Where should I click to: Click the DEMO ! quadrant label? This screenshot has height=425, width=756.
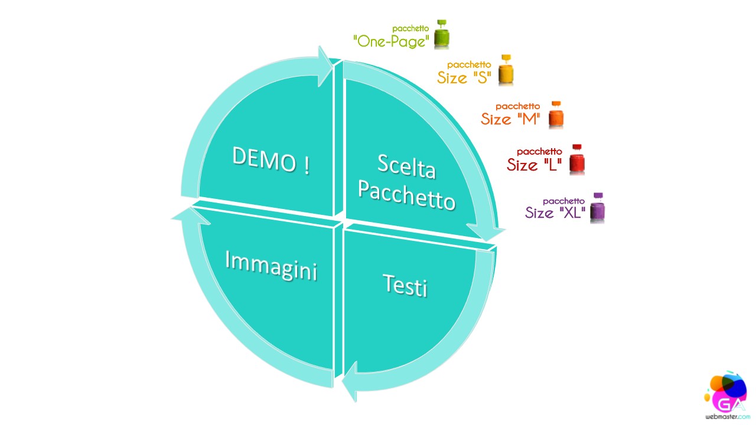(271, 161)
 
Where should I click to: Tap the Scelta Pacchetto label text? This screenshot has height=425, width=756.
(407, 182)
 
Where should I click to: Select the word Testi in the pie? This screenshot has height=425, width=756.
(405, 286)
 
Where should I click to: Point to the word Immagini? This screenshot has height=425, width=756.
(271, 266)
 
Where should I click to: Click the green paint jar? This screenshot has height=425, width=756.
(441, 34)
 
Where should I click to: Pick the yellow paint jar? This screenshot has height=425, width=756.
(506, 70)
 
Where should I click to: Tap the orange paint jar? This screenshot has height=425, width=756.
(556, 115)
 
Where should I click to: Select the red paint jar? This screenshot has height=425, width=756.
(577, 159)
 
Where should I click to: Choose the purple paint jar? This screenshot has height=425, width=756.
(597, 208)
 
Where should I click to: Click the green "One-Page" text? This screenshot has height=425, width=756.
(391, 42)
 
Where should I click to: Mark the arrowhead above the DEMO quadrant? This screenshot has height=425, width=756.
(325, 67)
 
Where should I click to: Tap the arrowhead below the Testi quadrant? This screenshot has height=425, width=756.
(350, 382)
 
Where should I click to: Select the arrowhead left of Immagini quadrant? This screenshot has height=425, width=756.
(191, 216)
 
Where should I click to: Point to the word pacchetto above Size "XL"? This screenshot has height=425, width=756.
(563, 201)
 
